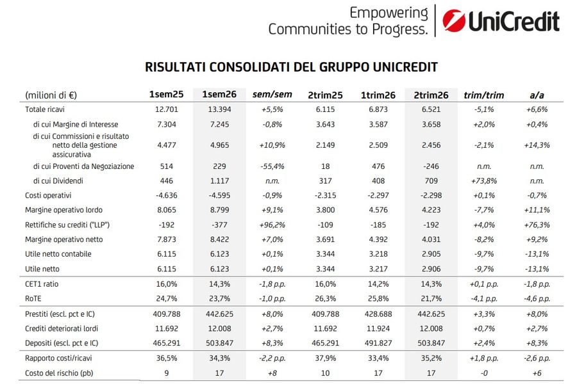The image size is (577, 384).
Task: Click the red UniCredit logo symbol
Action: (454, 20)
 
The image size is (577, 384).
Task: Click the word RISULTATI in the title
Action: (175, 67)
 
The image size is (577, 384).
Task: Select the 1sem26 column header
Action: (219, 95)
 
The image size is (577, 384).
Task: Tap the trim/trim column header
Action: (483, 95)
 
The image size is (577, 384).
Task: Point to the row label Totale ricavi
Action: (44, 109)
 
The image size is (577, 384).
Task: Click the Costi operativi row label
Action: (48, 195)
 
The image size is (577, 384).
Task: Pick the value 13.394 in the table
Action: (219, 109)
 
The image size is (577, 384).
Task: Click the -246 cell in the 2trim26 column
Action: (431, 166)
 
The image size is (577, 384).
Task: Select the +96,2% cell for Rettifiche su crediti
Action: (272, 225)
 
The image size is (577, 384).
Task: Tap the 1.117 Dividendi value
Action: (219, 180)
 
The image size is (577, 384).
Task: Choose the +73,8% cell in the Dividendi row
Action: (484, 180)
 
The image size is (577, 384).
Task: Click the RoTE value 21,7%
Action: (431, 299)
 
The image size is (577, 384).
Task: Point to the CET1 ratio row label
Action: (42, 284)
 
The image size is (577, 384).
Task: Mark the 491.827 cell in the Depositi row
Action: (378, 343)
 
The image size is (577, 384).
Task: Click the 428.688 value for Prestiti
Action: (378, 314)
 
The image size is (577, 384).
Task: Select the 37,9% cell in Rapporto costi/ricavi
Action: (325, 358)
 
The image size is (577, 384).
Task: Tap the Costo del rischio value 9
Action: (166, 373)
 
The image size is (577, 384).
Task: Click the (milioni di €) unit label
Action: (51, 95)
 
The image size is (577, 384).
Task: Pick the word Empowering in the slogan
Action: (389, 13)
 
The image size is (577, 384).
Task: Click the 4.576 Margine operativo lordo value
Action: (378, 210)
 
